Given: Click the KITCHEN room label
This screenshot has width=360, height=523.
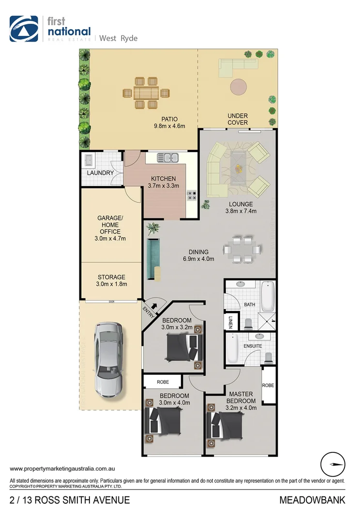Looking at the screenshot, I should (163, 179).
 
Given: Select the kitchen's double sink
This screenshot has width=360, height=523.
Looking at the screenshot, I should (168, 157).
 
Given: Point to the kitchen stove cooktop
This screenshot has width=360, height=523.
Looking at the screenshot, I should (192, 195).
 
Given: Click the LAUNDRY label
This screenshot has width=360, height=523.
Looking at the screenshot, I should (100, 173).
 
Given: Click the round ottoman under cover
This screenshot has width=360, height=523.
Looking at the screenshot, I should (238, 87).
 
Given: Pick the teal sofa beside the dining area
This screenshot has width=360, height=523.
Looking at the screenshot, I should (153, 259).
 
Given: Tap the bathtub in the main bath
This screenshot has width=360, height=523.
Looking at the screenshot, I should (267, 296).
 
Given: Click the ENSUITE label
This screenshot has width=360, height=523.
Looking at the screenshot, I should (253, 346).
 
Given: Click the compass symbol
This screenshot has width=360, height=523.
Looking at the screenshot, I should (333, 464).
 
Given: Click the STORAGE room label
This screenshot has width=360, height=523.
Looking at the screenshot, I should (112, 277).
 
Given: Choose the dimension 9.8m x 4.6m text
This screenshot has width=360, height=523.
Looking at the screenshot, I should (166, 126).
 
